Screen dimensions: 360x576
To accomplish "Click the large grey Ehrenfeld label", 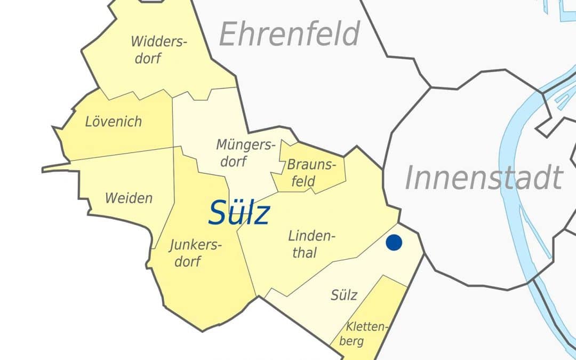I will point(290,35).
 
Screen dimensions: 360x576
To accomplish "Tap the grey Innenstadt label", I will point(484,178).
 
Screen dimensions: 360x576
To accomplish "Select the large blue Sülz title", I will point(239,213).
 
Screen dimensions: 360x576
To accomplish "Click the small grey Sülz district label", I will point(344,295).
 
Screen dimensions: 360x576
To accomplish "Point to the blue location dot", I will point(394,242).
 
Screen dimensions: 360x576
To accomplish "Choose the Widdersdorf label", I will point(158,50).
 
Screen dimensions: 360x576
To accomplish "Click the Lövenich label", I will point(114,122).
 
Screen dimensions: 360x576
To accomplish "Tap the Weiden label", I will point(129,198).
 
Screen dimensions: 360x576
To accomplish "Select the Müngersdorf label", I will point(245,153).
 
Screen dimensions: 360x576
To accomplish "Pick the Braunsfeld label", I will point(311,173).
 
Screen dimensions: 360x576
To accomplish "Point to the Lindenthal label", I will point(312,244).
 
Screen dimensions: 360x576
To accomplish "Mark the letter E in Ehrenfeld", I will point(228,35).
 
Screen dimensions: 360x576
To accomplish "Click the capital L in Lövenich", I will point(89,122).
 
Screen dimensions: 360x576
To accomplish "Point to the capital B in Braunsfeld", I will point(291,165).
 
